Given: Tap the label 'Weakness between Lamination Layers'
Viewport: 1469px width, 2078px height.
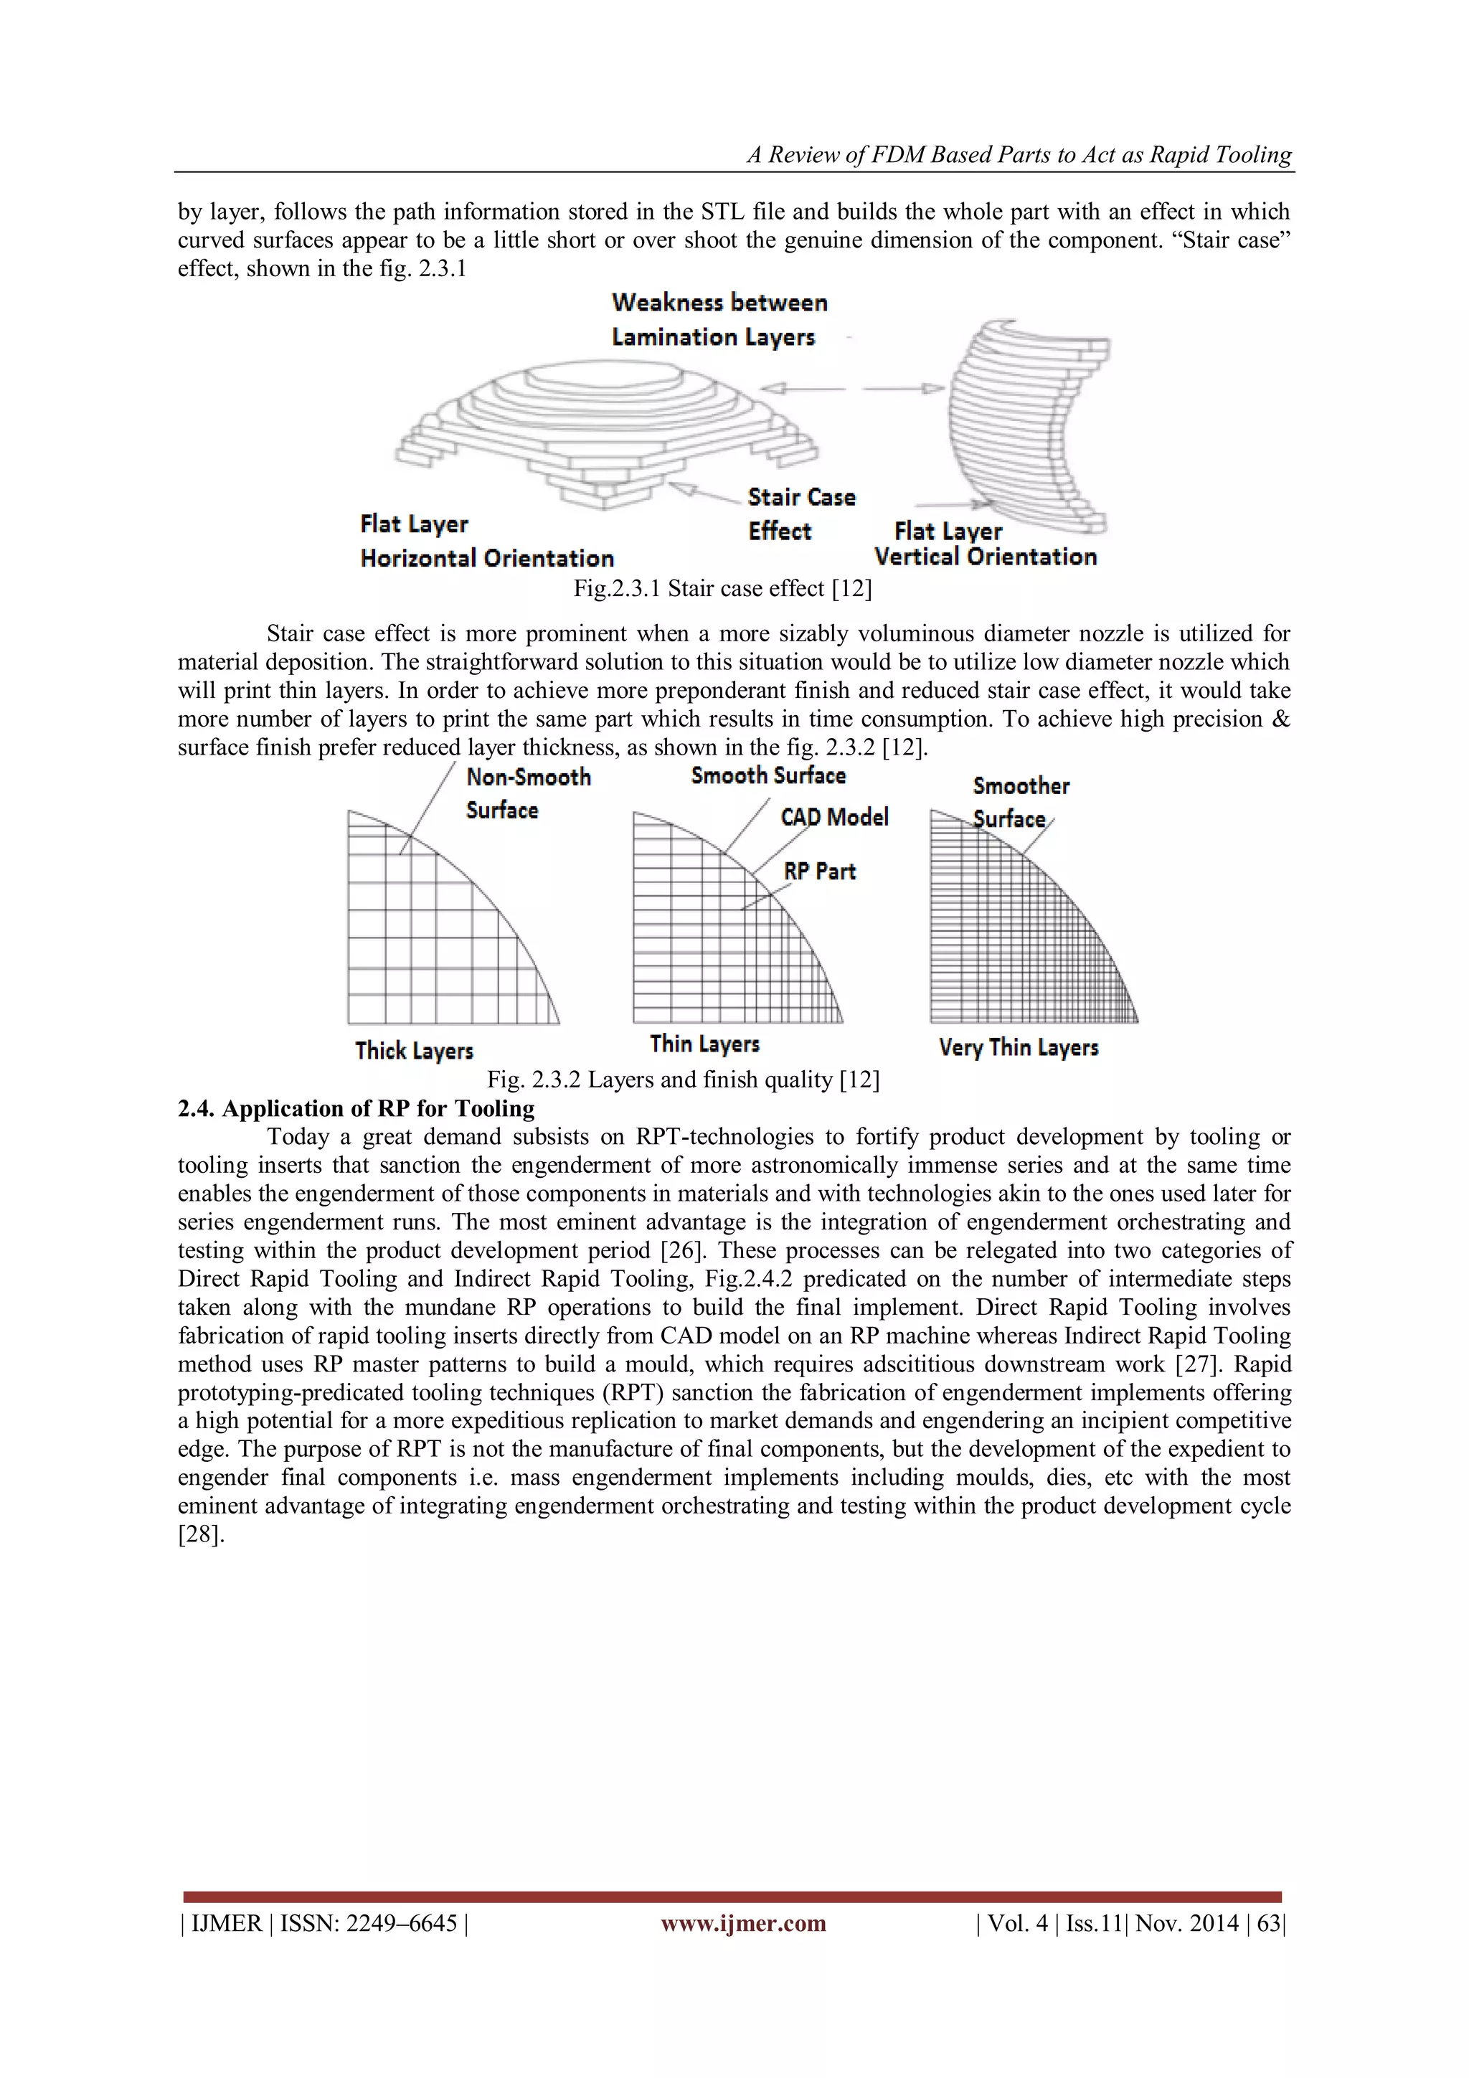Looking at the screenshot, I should pyautogui.click(x=719, y=319).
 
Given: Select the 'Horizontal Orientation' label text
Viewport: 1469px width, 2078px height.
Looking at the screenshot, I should pyautogui.click(x=487, y=559).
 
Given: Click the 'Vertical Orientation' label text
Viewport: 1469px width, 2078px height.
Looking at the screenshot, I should pyautogui.click(x=985, y=557).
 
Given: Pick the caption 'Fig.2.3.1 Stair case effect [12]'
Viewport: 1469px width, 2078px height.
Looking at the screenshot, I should pyautogui.click(x=722, y=588).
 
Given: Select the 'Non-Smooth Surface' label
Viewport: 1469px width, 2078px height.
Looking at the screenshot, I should pyautogui.click(x=528, y=793).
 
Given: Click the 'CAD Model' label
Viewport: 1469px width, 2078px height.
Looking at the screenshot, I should pyautogui.click(x=833, y=817).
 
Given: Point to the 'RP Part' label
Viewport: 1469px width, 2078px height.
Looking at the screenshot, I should pyautogui.click(x=819, y=872).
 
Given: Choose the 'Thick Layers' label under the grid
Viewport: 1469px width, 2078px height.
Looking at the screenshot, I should pyautogui.click(x=414, y=1051).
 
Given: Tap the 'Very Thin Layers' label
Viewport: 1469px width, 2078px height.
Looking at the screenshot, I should pyautogui.click(x=1019, y=1048).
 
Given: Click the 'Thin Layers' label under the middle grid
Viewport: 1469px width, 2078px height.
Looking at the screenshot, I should pyautogui.click(x=704, y=1044).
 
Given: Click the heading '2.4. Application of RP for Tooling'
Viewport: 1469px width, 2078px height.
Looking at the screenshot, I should pyautogui.click(x=356, y=1109).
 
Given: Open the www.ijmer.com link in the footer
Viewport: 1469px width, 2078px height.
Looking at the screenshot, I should pyautogui.click(x=743, y=1923).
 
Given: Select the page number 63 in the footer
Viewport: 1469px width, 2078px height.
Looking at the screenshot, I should pyautogui.click(x=1268, y=1923).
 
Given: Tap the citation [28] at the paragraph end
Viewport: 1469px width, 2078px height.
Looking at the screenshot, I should pyautogui.click(x=200, y=1535).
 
